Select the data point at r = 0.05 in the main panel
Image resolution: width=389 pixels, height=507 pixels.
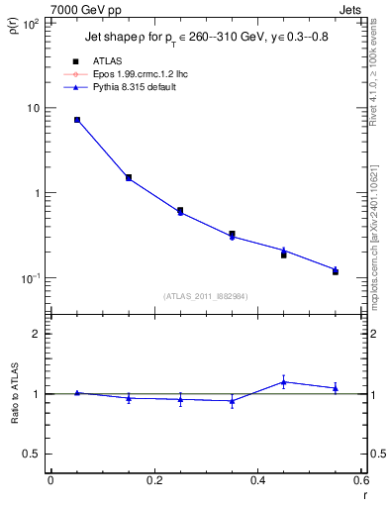77,120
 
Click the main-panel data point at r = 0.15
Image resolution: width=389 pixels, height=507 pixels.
129,178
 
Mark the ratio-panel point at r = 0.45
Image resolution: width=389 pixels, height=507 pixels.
283,381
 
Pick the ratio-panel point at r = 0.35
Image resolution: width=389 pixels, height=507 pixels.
232,401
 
